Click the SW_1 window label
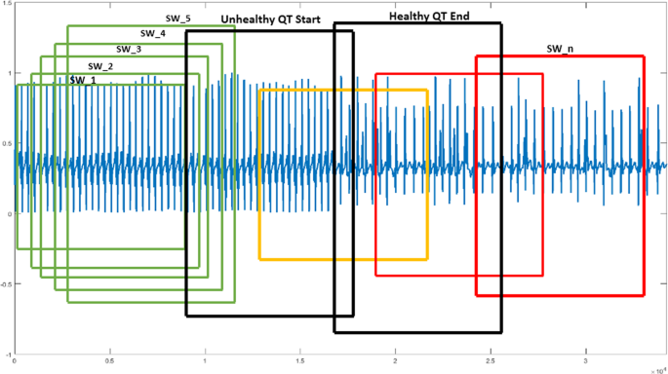[x=82, y=80]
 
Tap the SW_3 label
[x=129, y=49]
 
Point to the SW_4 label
[x=153, y=33]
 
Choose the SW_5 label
[x=177, y=18]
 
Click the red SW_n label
[x=561, y=47]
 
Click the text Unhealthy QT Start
[x=277, y=19]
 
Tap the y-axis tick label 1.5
[x=7, y=3]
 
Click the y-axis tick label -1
[x=8, y=355]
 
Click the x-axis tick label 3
[x=593, y=362]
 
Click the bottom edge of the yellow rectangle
[x=343, y=259]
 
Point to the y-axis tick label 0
[x=10, y=214]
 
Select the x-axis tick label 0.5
[x=110, y=362]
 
